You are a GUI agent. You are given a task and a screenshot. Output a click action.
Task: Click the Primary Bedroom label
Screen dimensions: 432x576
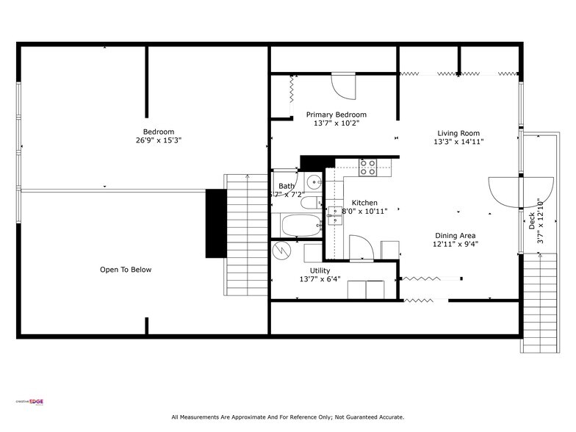(336, 115)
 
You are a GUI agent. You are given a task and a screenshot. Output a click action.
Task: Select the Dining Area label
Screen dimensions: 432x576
(454, 236)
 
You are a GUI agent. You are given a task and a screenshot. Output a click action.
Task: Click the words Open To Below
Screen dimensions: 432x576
(126, 270)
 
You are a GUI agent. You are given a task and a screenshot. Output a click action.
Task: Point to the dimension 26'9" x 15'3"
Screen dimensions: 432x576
(158, 140)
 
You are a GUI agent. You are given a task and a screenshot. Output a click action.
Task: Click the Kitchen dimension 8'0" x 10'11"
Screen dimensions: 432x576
(364, 212)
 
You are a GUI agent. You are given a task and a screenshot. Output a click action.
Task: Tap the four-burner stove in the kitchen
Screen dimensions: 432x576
(367, 167)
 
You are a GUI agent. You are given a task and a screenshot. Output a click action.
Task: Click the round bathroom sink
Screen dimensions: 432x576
(314, 181)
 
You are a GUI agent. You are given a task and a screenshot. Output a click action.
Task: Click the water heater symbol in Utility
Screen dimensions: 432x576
(283, 251)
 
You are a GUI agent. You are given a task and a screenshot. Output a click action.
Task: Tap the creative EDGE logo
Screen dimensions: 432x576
(30, 401)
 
